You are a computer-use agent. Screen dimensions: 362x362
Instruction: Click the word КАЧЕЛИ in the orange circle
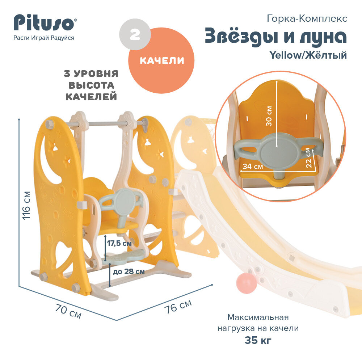pyautogui.click(x=162, y=61)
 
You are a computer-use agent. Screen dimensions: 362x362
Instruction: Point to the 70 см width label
pyautogui.click(x=68, y=311)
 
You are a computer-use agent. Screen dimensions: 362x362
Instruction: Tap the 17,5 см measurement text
pyautogui.click(x=119, y=244)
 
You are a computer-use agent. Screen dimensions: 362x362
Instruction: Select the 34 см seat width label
pyautogui.click(x=253, y=167)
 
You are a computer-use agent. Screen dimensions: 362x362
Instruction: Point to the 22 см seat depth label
pyautogui.click(x=309, y=157)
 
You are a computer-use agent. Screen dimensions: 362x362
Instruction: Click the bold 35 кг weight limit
pyautogui.click(x=258, y=341)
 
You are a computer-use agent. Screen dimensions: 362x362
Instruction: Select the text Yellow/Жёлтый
pyautogui.click(x=308, y=55)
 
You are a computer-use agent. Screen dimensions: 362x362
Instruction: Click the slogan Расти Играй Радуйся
pyautogui.click(x=44, y=38)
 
